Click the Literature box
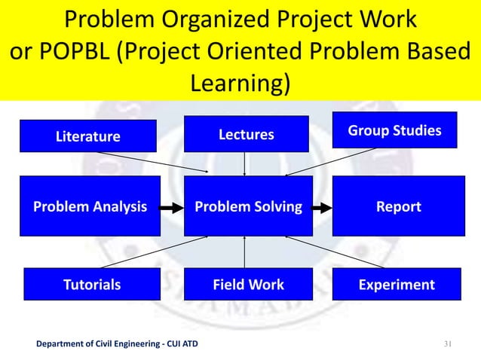[88, 136]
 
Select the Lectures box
[245, 134]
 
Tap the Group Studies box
[394, 131]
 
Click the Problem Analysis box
[90, 206]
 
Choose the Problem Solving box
[248, 206]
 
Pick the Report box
[398, 206]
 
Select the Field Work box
[248, 285]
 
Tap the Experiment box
[397, 285]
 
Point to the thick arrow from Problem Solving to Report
[322, 206]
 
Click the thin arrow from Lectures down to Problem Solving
[245, 163]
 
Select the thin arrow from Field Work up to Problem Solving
[245, 252]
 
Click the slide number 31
[446, 345]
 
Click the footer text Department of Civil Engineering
[101, 346]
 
